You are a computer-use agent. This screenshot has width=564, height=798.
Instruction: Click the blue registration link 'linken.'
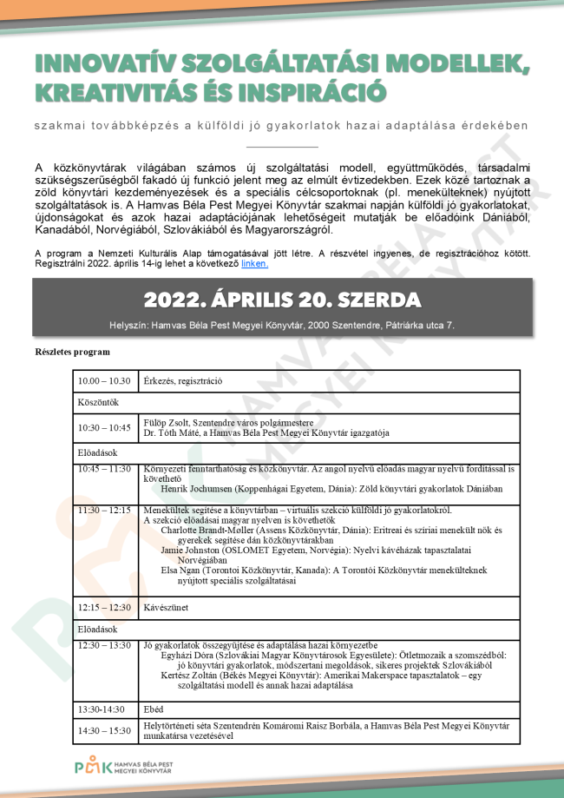[x=254, y=263]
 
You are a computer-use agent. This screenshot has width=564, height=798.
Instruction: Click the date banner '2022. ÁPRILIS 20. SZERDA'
[x=282, y=300]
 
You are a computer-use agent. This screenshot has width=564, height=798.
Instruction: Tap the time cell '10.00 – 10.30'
[x=104, y=381]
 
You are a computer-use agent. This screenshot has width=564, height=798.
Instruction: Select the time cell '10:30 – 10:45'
[x=105, y=427]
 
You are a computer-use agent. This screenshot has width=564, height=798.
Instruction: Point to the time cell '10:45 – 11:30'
[x=104, y=469]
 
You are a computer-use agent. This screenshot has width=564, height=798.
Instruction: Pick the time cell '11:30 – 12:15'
[x=104, y=510]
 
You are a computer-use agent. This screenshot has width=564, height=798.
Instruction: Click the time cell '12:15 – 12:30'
[x=104, y=607]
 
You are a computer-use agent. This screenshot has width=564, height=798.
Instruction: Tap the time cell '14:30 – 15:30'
[x=104, y=730]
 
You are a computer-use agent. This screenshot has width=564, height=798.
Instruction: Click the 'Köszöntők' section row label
[x=98, y=403]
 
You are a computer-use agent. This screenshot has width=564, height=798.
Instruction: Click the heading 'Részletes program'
[x=72, y=352]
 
